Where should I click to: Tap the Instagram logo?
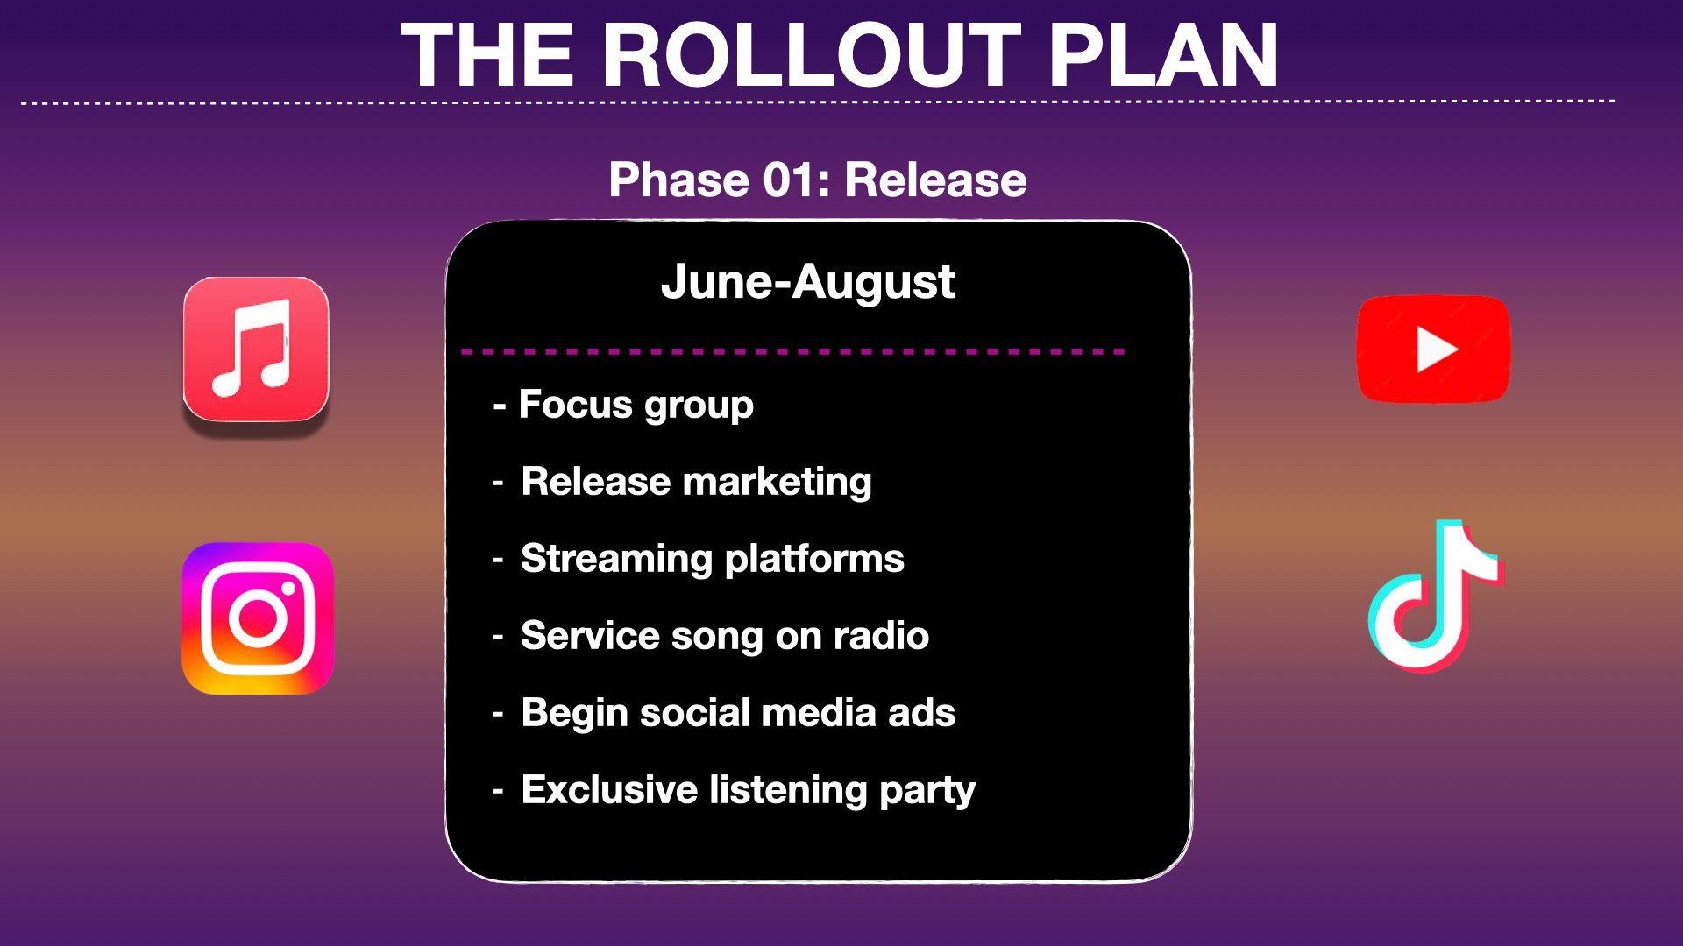tap(258, 618)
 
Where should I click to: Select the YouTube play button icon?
tap(1433, 349)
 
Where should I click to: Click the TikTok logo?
tap(1436, 597)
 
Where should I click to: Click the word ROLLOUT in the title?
tap(823, 55)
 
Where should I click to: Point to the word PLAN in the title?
tap(1164, 55)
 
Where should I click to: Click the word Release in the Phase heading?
tap(935, 180)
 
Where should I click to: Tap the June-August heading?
tap(807, 282)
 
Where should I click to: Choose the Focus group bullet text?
tap(636, 406)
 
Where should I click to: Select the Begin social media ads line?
tap(738, 713)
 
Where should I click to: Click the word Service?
tap(590, 636)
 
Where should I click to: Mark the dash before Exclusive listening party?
tap(498, 792)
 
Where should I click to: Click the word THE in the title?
tap(487, 55)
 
